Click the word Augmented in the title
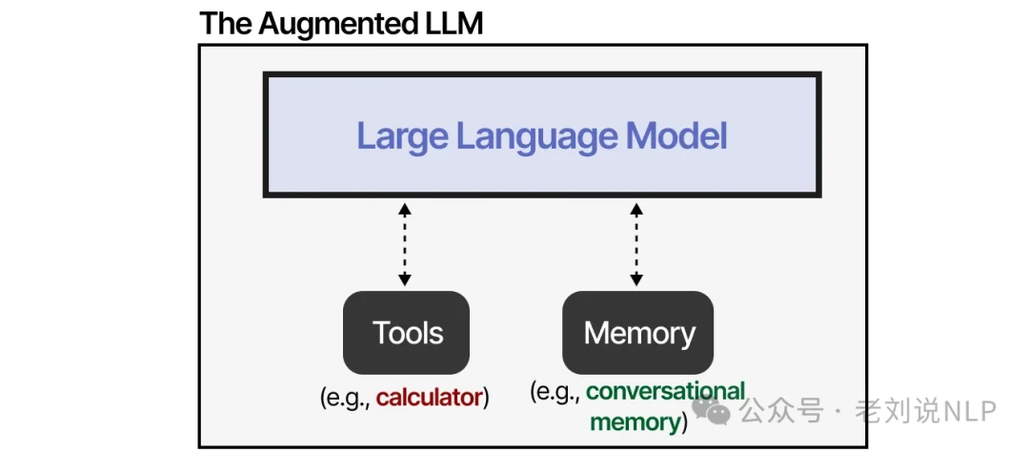tap(339, 24)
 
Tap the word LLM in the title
tap(454, 24)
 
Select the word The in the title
tap(225, 24)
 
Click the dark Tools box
tap(407, 333)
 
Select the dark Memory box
tap(638, 333)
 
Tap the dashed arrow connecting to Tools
tap(405, 244)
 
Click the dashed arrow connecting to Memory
tap(636, 244)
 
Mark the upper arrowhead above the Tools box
tap(405, 209)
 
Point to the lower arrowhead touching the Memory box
tap(636, 279)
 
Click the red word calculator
tap(429, 398)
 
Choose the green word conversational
tap(665, 392)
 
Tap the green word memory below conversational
tap(634, 421)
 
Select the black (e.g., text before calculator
tap(346, 398)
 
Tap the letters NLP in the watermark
tap(969, 411)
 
